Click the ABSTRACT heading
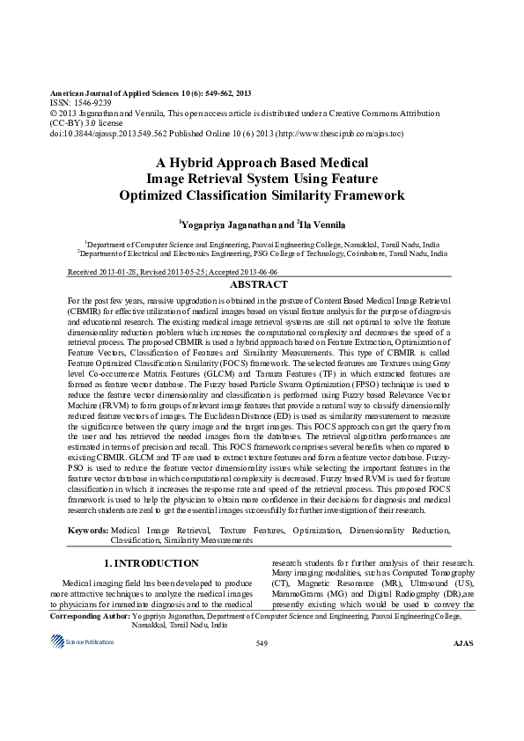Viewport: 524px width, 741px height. coord(258,285)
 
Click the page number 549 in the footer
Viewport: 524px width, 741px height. coord(262,645)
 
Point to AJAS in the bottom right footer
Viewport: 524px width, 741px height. coord(462,645)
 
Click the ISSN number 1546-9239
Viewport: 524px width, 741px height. coord(86,102)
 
